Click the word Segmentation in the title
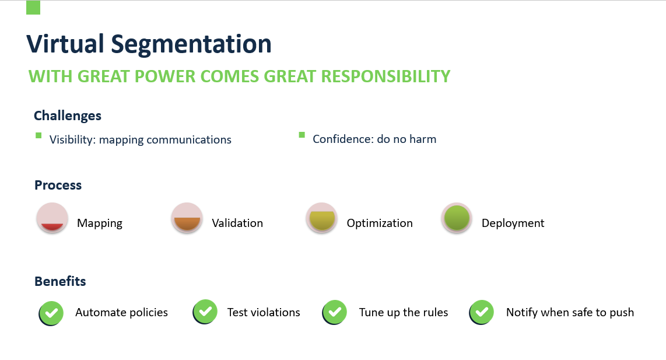[x=191, y=44]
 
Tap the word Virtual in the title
[x=65, y=43]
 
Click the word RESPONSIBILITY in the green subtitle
[x=385, y=76]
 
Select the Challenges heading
[x=68, y=116]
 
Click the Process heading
[x=58, y=185]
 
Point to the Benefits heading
[x=60, y=281]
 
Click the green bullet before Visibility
[x=38, y=135]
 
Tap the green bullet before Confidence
[x=302, y=135]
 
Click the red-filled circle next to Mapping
[x=52, y=218]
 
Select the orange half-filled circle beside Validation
[x=187, y=218]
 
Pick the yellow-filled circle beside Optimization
[x=322, y=218]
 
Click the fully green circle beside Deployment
[x=457, y=218]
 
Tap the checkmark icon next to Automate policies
[x=51, y=313]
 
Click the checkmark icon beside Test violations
[x=205, y=312]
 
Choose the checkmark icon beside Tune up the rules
[x=335, y=312]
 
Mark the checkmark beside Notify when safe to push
[x=482, y=312]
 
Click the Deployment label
[x=513, y=223]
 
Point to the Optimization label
[x=380, y=223]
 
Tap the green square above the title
[x=33, y=8]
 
